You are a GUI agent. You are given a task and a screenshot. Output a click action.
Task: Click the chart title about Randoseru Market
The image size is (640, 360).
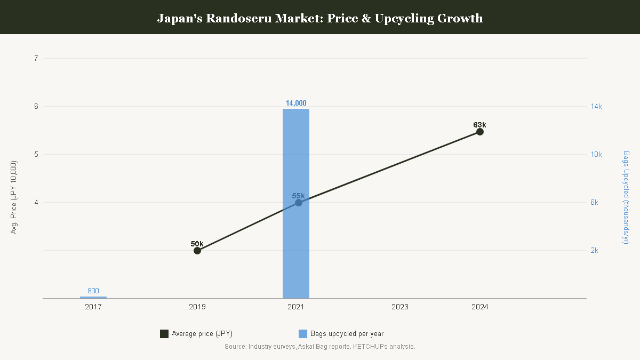pos(320,18)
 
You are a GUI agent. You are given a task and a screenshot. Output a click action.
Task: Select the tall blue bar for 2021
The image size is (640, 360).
pos(295,203)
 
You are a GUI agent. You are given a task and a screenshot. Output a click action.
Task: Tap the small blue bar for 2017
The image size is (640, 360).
pos(93,298)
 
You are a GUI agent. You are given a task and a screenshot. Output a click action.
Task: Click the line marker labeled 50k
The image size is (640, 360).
pos(197,251)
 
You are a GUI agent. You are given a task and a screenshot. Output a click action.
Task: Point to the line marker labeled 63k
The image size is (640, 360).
pos(480,132)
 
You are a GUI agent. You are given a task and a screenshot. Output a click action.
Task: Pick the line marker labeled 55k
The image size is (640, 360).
pos(299,203)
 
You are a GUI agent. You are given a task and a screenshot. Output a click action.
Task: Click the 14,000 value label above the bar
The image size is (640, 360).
pos(296,103)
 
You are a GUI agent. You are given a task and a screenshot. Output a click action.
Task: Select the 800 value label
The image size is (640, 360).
pos(93,291)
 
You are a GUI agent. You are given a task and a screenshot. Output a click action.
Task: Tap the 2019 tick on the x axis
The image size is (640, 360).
pos(197,307)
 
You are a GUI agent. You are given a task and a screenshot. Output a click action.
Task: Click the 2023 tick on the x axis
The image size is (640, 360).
pos(399,307)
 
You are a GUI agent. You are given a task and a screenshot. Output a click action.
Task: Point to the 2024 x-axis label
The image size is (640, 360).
pos(480,307)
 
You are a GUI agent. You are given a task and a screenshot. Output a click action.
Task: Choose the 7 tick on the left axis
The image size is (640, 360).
pos(36,58)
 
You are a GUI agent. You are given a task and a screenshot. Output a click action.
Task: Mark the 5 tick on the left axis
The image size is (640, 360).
pos(36,155)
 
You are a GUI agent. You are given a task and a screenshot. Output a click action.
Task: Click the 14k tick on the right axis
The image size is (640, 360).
pos(596,107)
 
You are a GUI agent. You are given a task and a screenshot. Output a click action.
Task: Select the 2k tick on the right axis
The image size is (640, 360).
pos(594,251)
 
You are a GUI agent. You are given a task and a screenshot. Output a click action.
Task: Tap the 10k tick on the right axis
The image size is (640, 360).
pos(596,155)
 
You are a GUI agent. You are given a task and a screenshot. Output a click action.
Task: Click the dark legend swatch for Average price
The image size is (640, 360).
pos(164,334)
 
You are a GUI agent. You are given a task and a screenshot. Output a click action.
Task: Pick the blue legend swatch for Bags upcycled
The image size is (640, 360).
pos(303,334)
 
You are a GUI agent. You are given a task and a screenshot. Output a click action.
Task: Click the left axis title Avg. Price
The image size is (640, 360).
pos(13,197)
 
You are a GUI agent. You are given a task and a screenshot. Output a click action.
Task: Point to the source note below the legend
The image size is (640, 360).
pos(319,347)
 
